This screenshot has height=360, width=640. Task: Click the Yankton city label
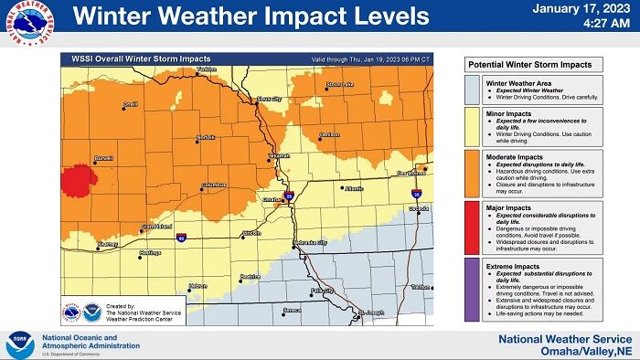click(206, 69)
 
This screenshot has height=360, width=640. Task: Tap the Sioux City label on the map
click(269, 97)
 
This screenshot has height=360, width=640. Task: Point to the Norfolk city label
click(206, 139)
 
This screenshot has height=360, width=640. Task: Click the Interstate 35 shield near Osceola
click(417, 195)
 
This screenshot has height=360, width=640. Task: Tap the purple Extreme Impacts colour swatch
click(471, 288)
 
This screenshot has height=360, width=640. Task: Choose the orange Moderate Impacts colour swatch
click(471, 173)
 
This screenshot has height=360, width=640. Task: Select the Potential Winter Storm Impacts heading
click(529, 64)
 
